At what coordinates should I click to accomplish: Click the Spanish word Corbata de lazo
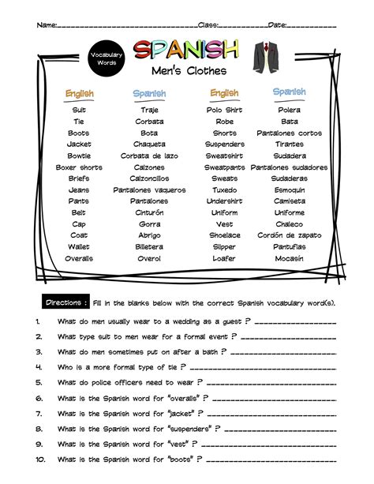[x=149, y=156]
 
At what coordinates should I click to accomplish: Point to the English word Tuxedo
[x=224, y=190]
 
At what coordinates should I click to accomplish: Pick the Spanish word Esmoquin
[x=290, y=190]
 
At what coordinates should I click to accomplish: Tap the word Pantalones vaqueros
[x=149, y=190]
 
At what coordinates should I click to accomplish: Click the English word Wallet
[x=79, y=247]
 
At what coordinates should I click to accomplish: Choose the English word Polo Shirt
[x=224, y=111]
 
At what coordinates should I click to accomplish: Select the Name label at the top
[x=47, y=24]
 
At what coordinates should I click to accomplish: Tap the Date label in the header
[x=277, y=24]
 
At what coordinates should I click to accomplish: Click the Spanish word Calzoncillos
[x=149, y=179]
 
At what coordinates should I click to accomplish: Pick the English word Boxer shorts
[x=79, y=167]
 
